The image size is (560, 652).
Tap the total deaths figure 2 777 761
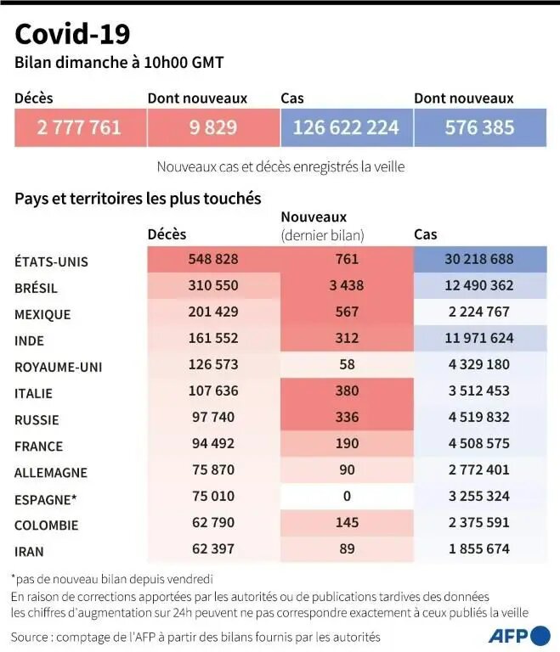[x=79, y=127]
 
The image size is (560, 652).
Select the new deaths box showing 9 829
[x=212, y=127]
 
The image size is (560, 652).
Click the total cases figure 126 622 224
[x=346, y=127]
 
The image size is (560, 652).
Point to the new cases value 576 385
[x=479, y=127]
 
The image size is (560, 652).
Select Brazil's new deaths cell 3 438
[x=347, y=286]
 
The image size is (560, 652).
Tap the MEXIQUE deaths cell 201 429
[x=213, y=312]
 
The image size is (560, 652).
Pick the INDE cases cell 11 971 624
[x=479, y=339]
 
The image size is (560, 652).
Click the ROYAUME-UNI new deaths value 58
[x=347, y=365]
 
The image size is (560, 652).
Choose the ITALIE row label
[x=33, y=393]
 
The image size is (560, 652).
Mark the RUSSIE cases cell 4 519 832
[x=479, y=418]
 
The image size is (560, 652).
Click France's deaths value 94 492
[x=213, y=444]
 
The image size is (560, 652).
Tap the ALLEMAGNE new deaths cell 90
[x=347, y=470]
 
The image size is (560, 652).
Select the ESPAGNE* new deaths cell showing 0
[x=347, y=497]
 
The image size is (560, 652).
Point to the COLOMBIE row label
[x=46, y=525]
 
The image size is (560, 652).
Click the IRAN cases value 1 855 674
[x=479, y=548]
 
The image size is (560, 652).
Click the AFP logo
[x=518, y=635]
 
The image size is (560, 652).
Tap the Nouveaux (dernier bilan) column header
[x=322, y=226]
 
